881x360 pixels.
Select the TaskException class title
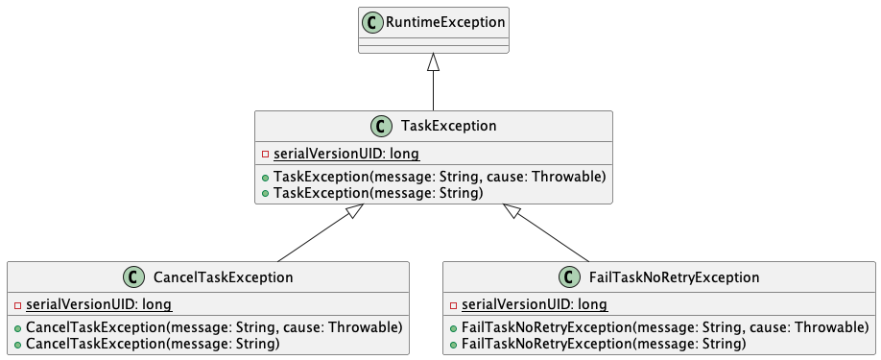pos(447,126)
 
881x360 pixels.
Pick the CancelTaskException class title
pos(223,277)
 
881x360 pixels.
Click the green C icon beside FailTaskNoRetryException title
pos(568,277)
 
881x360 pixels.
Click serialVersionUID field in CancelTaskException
pos(98,305)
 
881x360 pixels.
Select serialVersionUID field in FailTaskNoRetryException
pos(534,305)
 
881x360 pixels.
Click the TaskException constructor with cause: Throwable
pos(439,177)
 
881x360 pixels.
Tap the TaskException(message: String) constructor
pos(377,193)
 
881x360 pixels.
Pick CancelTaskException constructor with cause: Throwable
pos(213,327)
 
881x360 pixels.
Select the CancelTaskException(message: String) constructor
pos(152,344)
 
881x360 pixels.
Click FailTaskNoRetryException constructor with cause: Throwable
pos(665,327)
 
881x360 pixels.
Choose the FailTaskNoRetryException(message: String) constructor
pos(604,344)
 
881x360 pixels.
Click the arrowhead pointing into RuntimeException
pos(434,62)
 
